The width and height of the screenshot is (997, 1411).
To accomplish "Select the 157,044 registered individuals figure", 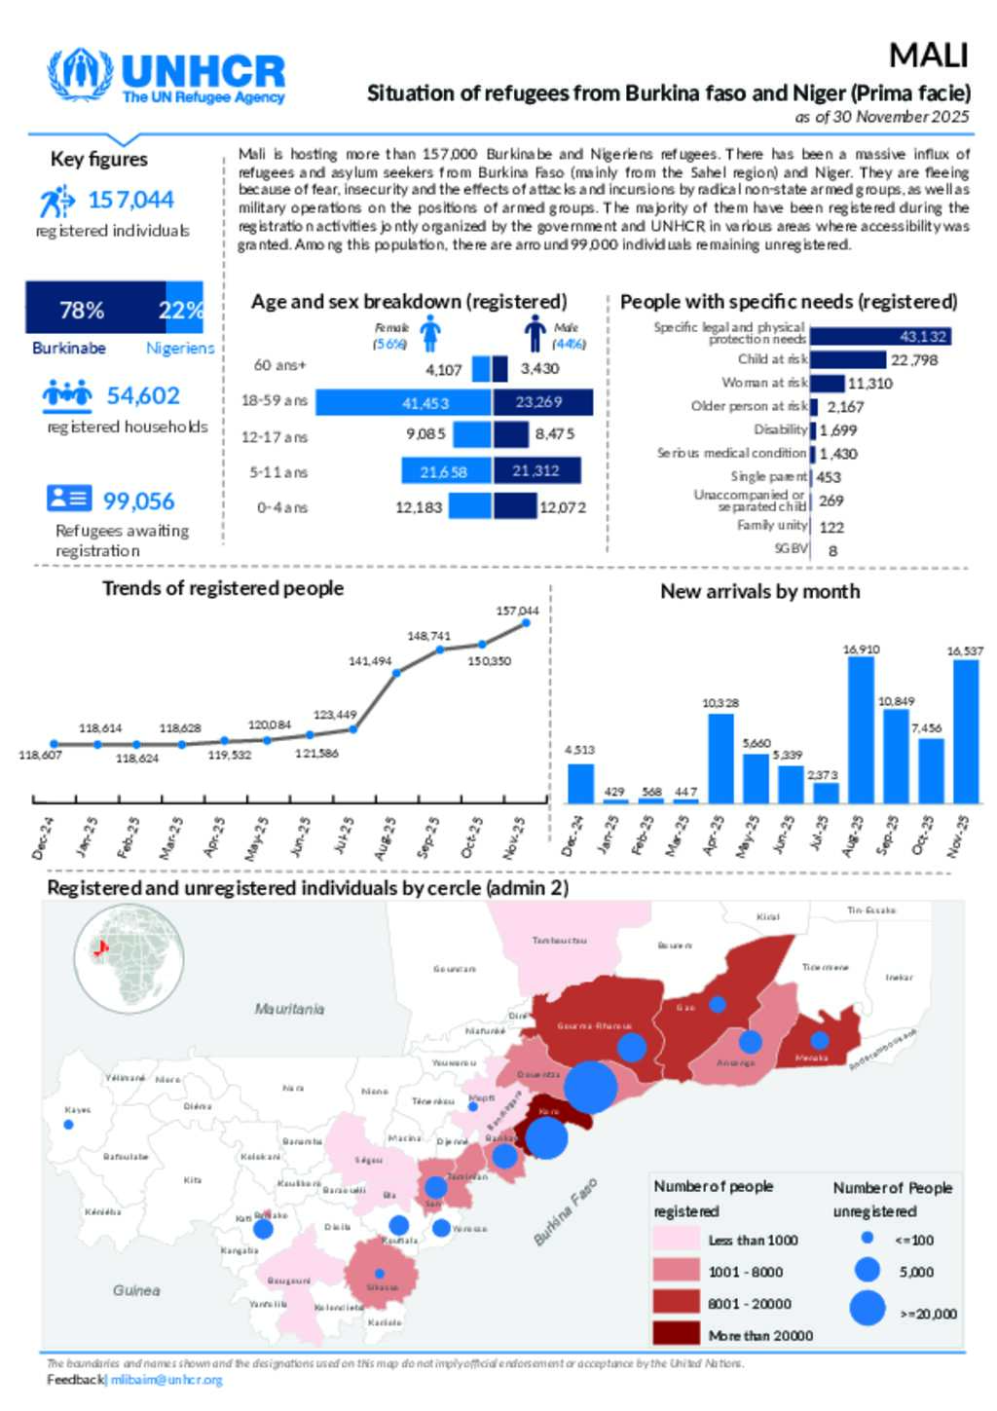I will (x=130, y=201).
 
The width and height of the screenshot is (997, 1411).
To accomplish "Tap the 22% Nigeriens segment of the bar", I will (x=184, y=309).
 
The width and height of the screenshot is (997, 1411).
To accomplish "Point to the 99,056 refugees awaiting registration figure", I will (x=138, y=501).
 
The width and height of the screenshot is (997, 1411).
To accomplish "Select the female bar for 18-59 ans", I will (x=403, y=402).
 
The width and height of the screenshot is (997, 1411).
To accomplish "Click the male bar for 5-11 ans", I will (x=536, y=471).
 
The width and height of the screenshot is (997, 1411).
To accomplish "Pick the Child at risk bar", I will (x=847, y=360).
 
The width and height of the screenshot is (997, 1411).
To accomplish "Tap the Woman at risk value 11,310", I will (x=869, y=384).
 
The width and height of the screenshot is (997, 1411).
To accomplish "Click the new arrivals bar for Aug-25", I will (x=861, y=729).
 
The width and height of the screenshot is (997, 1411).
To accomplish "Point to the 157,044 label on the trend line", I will (x=517, y=611).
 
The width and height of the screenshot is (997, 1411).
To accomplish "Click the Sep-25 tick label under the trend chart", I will (x=429, y=836).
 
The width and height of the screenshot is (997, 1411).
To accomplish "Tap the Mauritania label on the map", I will (x=289, y=1009).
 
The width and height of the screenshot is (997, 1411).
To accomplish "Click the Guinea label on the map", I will (x=136, y=1290).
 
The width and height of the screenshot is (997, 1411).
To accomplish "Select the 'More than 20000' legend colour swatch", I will (x=676, y=1334).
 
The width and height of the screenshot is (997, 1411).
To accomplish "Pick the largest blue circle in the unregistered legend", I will (x=868, y=1308).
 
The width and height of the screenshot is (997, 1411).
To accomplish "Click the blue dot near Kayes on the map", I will (x=68, y=1125).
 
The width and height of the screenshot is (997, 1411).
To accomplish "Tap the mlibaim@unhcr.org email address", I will (x=166, y=1380).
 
